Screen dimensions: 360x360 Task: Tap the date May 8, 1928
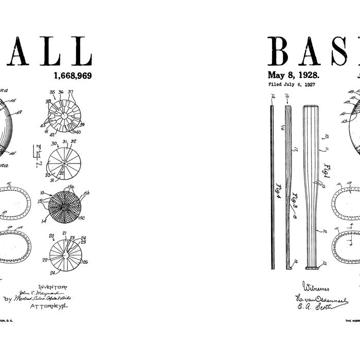tap(294, 75)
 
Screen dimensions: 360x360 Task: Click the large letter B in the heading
tap(282, 51)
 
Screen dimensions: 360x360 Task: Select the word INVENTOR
tap(52, 287)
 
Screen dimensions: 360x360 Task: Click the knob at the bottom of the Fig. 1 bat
tap(312, 265)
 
